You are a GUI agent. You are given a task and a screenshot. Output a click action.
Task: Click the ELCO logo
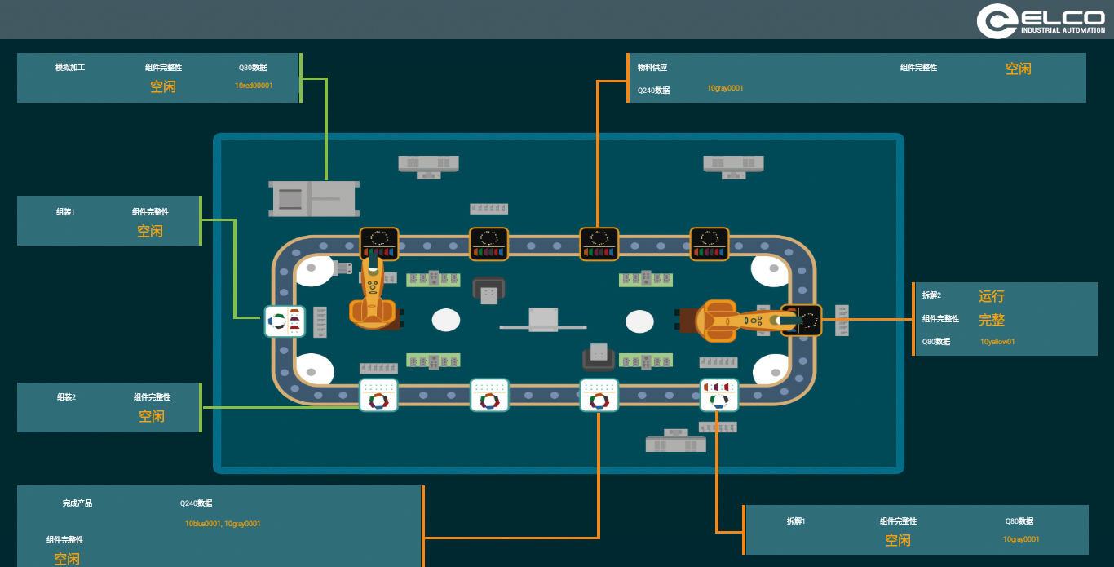[x=1041, y=20]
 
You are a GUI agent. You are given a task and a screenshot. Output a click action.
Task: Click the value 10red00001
[x=254, y=86]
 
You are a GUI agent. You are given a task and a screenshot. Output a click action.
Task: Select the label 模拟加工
[x=70, y=68]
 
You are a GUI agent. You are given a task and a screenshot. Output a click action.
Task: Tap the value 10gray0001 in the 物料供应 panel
[x=725, y=88]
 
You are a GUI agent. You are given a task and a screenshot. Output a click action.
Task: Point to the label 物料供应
[x=652, y=68]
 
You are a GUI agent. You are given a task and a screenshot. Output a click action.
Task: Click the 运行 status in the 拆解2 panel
[x=992, y=296]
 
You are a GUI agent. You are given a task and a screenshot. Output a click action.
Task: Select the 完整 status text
[x=992, y=320]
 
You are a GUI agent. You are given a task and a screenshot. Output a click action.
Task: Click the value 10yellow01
[x=997, y=342]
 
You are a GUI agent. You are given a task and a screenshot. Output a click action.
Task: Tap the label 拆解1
[x=796, y=520]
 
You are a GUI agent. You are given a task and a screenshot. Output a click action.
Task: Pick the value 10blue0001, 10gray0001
[x=223, y=524]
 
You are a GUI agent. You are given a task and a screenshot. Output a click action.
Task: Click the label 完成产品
[x=77, y=503]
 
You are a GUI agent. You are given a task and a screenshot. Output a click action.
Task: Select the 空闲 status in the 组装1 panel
[x=150, y=231]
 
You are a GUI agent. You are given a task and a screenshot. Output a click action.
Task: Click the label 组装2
[x=66, y=397]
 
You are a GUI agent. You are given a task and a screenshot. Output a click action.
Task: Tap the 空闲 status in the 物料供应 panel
[x=1019, y=69]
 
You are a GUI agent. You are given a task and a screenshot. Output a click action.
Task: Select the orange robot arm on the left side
[x=374, y=298]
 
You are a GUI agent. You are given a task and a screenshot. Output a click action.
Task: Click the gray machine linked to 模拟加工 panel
[x=314, y=198]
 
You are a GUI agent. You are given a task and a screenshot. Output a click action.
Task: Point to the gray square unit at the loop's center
[x=542, y=319]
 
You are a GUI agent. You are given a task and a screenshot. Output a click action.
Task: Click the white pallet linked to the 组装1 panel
[x=285, y=321]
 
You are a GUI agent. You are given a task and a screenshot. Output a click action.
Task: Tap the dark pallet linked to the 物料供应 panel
[x=599, y=244]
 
